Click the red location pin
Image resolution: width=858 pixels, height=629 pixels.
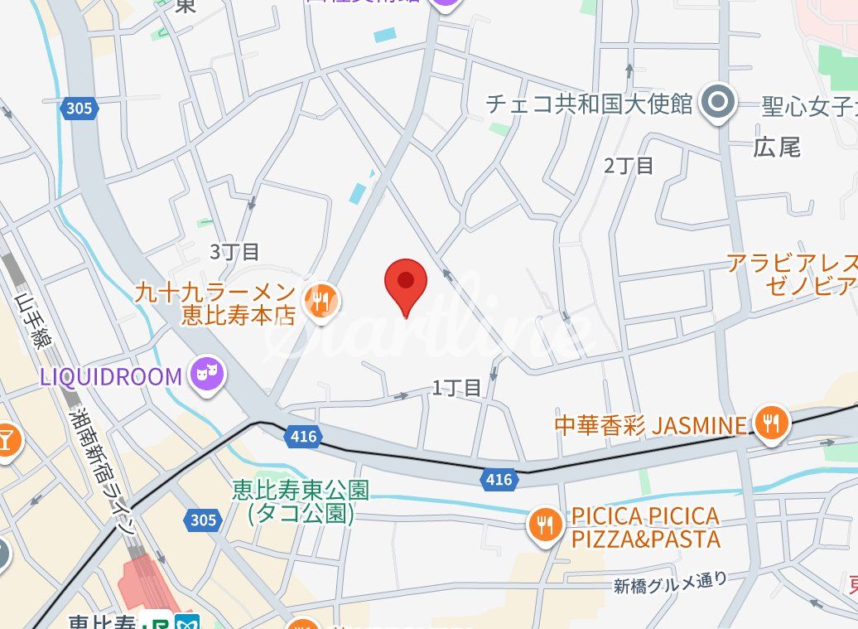pos(405,283)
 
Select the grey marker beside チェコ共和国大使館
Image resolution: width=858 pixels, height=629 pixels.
pos(717,102)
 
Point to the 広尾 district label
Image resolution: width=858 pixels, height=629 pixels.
pos(777,148)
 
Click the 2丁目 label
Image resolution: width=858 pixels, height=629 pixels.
pos(629,165)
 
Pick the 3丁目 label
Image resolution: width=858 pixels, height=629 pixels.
pos(234,251)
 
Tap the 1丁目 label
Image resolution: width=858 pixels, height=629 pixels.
pos(456,387)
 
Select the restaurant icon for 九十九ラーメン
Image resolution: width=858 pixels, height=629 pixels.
pos(321,302)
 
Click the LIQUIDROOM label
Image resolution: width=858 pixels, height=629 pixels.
pos(110,377)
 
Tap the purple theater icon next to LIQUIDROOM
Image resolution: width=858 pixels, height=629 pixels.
pos(207,375)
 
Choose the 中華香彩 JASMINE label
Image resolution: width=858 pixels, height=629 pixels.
pos(650,426)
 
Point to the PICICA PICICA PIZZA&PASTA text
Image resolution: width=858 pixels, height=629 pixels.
pos(645,528)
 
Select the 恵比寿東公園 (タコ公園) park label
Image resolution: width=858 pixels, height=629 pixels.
pos(300,501)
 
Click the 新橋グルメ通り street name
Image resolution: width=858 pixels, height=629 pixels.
pos(671,583)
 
